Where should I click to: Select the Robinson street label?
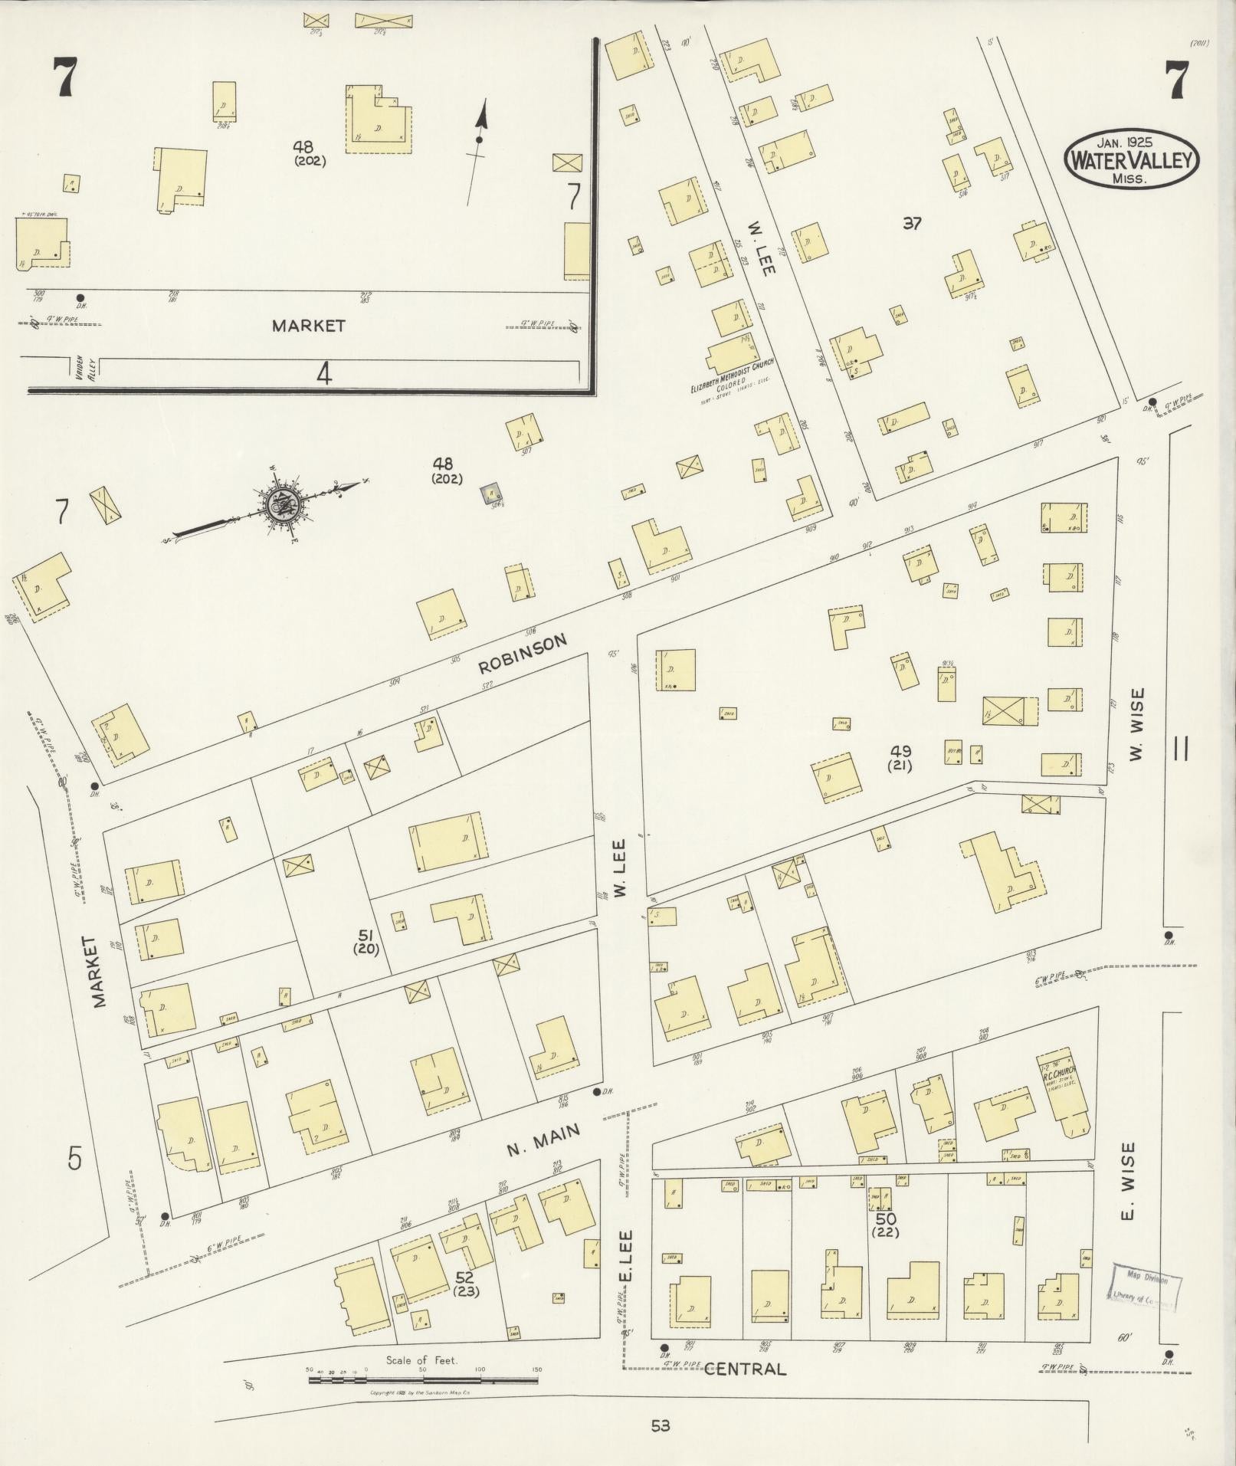pos(523,653)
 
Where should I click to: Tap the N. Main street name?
pos(543,1140)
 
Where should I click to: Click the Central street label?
pos(744,1369)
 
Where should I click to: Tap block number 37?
pos(912,224)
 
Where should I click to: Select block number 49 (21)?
pos(900,757)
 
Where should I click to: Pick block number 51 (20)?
pos(366,940)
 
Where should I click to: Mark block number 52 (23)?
pos(465,1284)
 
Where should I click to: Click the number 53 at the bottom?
pos(661,1425)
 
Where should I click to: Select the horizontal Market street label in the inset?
pos(309,326)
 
